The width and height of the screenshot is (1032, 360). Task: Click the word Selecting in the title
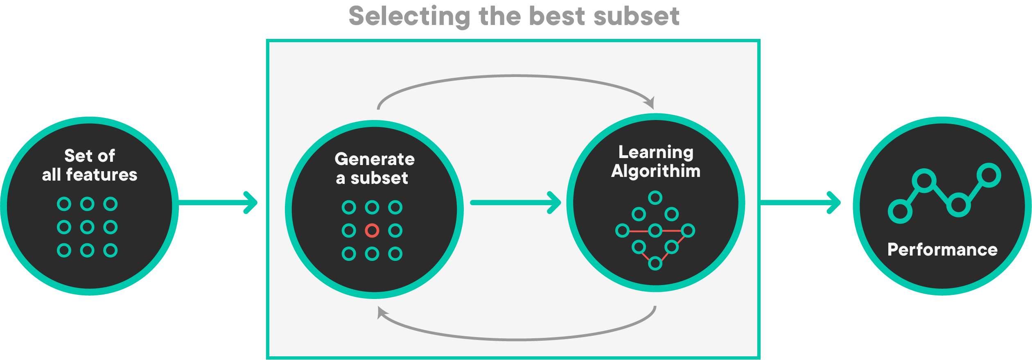pos(410,17)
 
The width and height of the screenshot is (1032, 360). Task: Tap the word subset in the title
pos(636,17)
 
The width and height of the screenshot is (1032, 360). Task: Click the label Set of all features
pos(90,165)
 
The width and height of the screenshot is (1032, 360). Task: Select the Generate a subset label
pos(374,168)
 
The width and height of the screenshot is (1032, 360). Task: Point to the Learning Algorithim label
pos(655,161)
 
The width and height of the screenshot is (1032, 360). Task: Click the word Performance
pos(942,249)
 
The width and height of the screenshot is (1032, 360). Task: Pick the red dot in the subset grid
pos(372,231)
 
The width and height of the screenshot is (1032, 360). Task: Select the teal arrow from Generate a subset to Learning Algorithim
pos(516,202)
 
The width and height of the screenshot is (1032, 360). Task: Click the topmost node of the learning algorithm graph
pos(655,198)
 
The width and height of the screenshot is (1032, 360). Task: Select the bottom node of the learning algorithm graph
pos(655,263)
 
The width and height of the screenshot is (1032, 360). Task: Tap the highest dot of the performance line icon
pos(989,175)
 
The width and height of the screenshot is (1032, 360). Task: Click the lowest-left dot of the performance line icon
pos(900,211)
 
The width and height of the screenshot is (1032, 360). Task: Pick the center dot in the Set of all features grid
pos(87,227)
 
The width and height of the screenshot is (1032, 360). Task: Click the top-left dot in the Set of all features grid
pos(64,204)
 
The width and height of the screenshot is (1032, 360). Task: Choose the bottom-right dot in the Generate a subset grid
pos(395,254)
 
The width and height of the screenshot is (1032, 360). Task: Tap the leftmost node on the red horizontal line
pos(622,231)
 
